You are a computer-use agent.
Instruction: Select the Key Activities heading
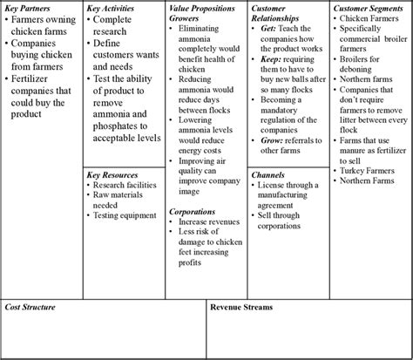(112, 8)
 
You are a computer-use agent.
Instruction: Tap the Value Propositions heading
(203, 8)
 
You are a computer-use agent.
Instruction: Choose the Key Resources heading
(114, 175)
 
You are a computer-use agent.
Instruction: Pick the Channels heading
(267, 175)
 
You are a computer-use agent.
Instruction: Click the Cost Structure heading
(30, 308)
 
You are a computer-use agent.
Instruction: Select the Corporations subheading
(193, 211)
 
